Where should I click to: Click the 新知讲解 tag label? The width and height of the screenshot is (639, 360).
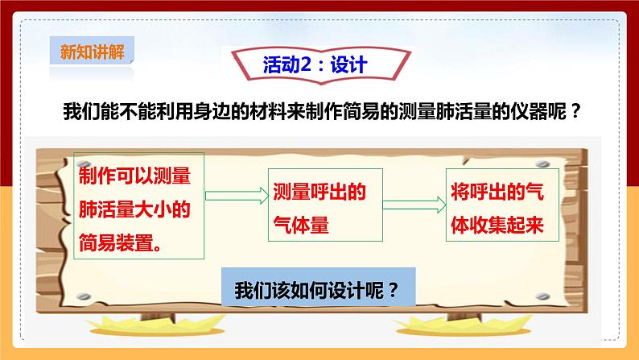coord(89,53)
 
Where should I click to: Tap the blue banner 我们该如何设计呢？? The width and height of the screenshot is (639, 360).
coord(317,289)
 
